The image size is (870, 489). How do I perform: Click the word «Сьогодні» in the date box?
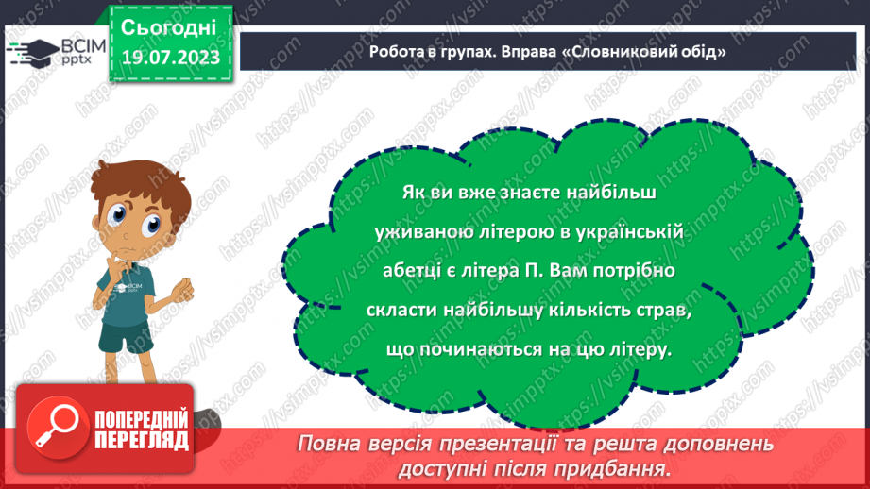(169, 25)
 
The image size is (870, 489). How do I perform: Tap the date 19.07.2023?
(169, 56)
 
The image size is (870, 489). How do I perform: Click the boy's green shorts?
(126, 335)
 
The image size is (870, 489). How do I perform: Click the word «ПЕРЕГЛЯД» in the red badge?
(142, 440)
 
